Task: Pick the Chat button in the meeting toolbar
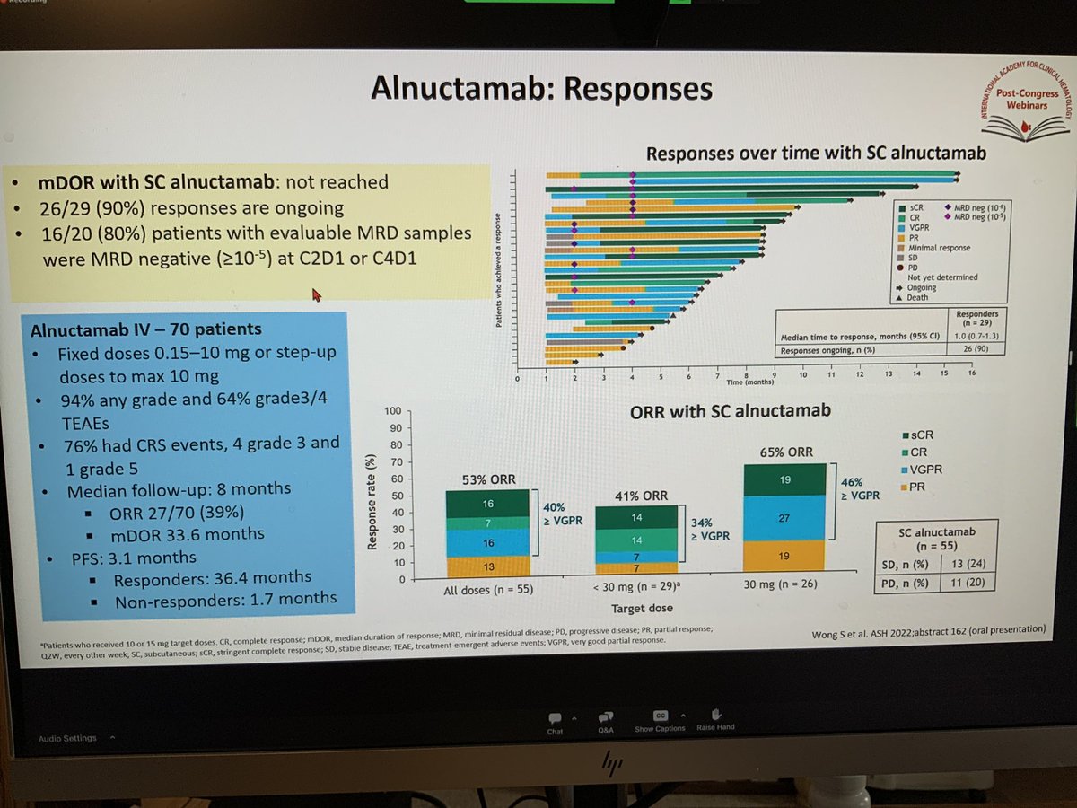click(555, 722)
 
